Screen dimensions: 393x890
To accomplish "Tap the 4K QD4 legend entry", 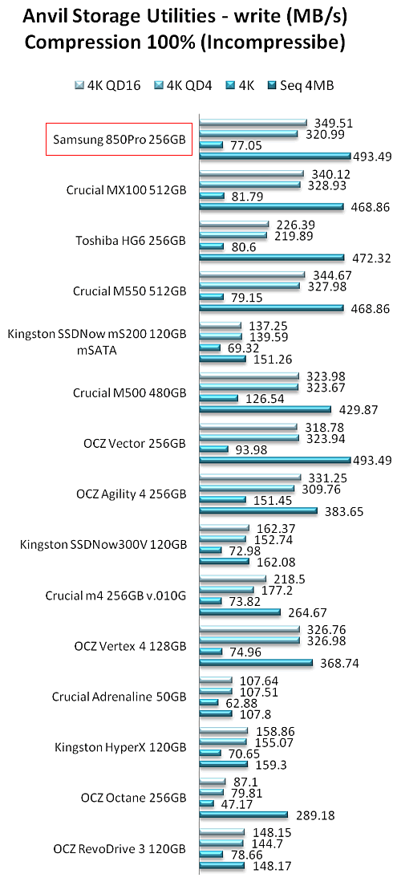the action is click(x=173, y=86).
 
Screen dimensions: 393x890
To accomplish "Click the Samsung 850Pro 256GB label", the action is click(x=119, y=139).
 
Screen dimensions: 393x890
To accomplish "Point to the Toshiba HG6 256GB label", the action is click(x=131, y=241).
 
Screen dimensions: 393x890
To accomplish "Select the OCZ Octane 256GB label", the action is click(x=134, y=798).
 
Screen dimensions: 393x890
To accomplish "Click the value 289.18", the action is click(x=314, y=815).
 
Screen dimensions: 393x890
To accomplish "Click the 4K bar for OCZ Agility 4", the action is click(x=222, y=499).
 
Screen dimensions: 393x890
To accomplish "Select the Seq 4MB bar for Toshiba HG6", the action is click(x=272, y=258).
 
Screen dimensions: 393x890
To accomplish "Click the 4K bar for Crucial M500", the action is click(x=218, y=398).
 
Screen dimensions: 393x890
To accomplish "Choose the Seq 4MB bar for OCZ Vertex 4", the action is click(x=256, y=662).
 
